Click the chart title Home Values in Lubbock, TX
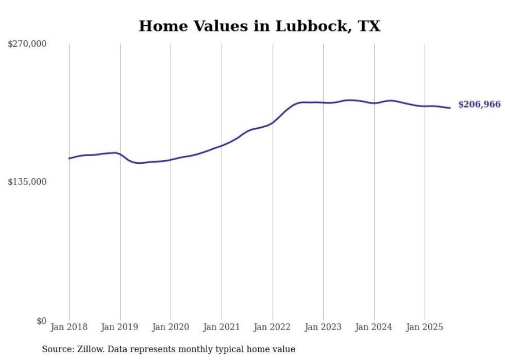click(x=259, y=26)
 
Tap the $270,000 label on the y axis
click(x=27, y=44)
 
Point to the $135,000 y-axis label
click(x=27, y=182)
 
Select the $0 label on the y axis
click(x=41, y=321)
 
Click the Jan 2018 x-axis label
click(x=69, y=327)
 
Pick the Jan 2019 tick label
click(x=120, y=327)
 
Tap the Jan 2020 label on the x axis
click(x=171, y=327)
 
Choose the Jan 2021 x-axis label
click(x=222, y=327)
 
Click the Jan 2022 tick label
click(x=273, y=327)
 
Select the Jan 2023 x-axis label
click(x=323, y=327)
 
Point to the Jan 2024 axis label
click(x=374, y=327)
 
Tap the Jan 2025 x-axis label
click(x=425, y=327)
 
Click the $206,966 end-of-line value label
click(x=479, y=105)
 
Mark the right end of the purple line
click(x=450, y=108)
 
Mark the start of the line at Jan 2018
click(x=69, y=158)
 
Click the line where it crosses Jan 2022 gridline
click(x=273, y=123)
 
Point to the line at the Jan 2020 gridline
click(x=171, y=160)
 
